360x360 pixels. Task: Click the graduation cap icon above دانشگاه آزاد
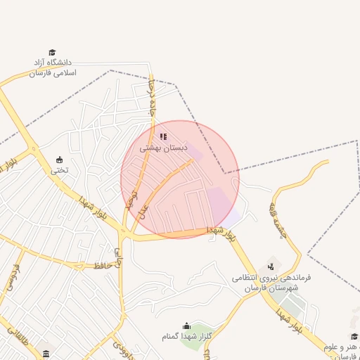click(52, 52)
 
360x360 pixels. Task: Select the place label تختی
click(59, 170)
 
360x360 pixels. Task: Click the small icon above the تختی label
click(59, 159)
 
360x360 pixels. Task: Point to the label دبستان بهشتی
click(163, 148)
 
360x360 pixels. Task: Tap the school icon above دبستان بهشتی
click(163, 136)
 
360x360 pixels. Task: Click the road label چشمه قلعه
click(278, 219)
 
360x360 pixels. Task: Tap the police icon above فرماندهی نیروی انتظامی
click(271, 266)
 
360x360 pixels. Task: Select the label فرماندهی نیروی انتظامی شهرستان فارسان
click(271, 283)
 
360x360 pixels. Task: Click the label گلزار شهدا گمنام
click(186, 337)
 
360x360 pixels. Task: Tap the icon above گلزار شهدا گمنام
click(186, 326)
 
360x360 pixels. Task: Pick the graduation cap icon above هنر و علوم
click(354, 337)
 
